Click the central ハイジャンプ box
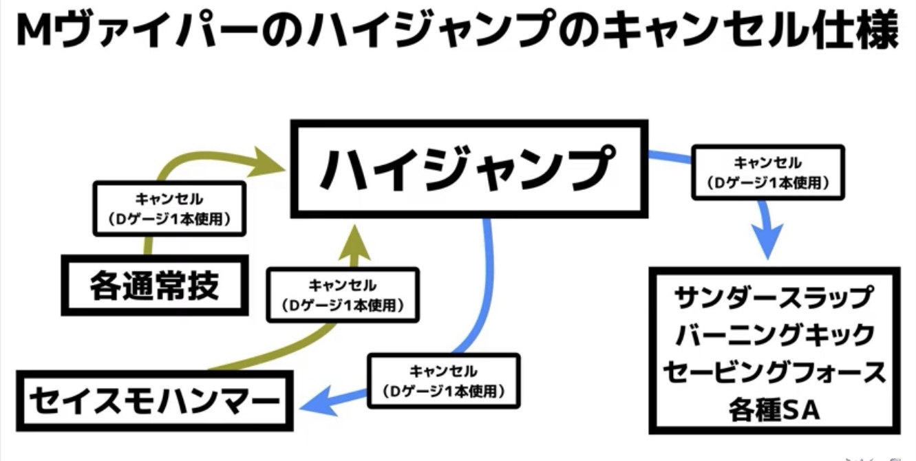[x=469, y=169]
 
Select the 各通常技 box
[x=155, y=284]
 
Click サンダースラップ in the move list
[x=774, y=298]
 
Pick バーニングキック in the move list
[x=774, y=335]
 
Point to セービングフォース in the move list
[x=774, y=372]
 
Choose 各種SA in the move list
[x=774, y=410]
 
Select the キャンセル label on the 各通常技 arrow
[x=169, y=208]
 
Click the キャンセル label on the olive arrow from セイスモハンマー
[x=342, y=294]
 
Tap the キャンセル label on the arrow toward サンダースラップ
[x=767, y=172]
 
